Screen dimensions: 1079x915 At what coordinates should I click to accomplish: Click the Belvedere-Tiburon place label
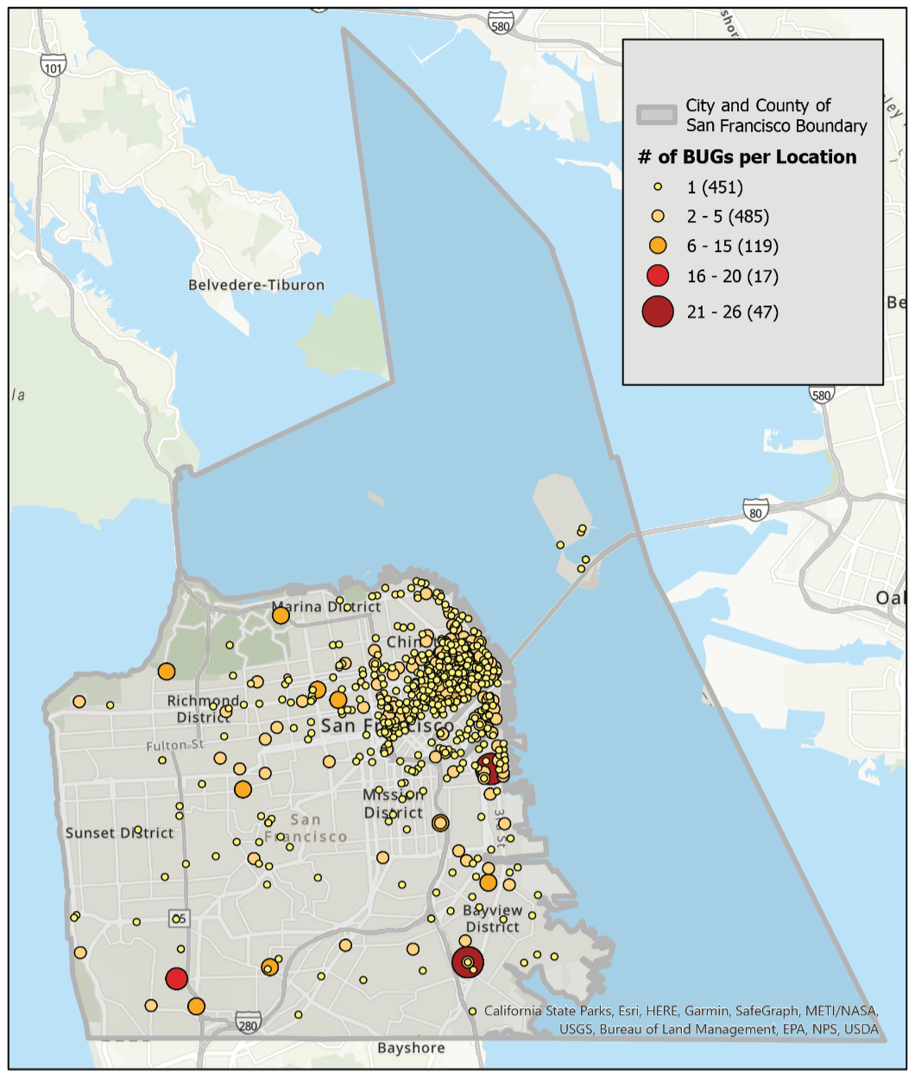(256, 285)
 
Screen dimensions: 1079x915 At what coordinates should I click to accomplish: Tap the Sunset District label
(119, 833)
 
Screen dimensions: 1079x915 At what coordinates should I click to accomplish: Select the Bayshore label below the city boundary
(411, 1048)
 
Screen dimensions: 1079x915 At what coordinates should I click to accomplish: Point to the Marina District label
(326, 607)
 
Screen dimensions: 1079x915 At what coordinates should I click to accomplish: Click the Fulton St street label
(175, 744)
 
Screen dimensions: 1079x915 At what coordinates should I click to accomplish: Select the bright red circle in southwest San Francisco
(177, 978)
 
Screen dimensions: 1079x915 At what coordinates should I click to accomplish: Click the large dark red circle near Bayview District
(468, 962)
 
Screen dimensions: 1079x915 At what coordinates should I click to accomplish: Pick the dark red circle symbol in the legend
(658, 312)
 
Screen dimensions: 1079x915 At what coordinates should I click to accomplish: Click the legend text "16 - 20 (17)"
(732, 276)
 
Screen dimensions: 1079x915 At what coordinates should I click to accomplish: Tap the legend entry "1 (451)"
(715, 187)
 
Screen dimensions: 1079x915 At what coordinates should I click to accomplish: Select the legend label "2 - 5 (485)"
(727, 217)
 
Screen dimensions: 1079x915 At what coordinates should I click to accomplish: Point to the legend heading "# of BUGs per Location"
(747, 157)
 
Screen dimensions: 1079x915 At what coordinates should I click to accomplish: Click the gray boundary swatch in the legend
(657, 115)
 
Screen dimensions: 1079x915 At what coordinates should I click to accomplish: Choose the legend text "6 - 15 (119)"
(732, 246)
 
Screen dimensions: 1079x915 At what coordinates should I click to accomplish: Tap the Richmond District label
(204, 709)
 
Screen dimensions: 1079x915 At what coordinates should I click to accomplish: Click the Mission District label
(394, 804)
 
